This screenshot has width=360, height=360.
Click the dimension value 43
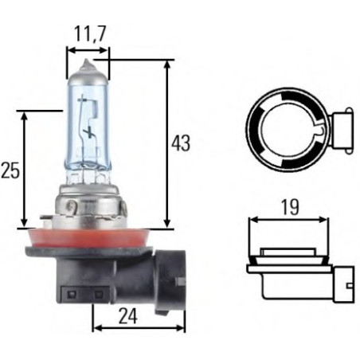(182, 143)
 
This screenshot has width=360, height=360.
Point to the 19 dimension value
(290, 208)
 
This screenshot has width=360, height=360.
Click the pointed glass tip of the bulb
(88, 65)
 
